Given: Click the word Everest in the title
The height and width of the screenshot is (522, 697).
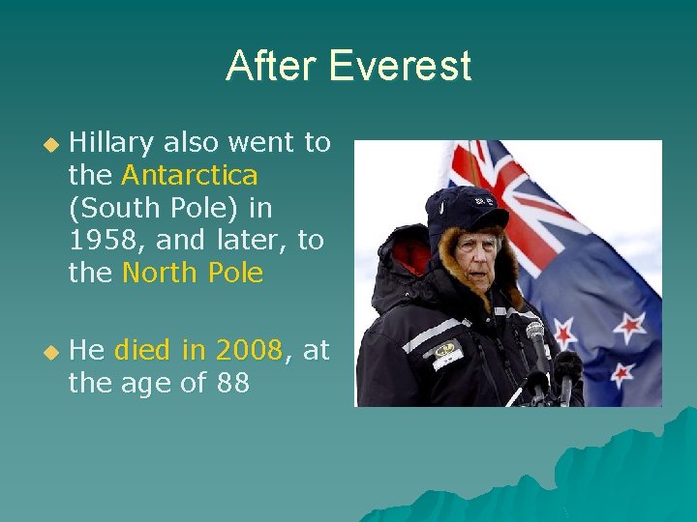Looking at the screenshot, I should [x=400, y=66].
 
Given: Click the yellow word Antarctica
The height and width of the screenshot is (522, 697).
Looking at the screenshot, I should [x=190, y=176].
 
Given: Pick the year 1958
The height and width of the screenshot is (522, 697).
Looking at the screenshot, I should [x=103, y=241].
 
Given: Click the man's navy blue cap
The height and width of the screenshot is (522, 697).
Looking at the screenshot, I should [x=465, y=206].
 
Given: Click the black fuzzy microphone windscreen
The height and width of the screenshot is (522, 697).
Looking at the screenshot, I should [x=568, y=367].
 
